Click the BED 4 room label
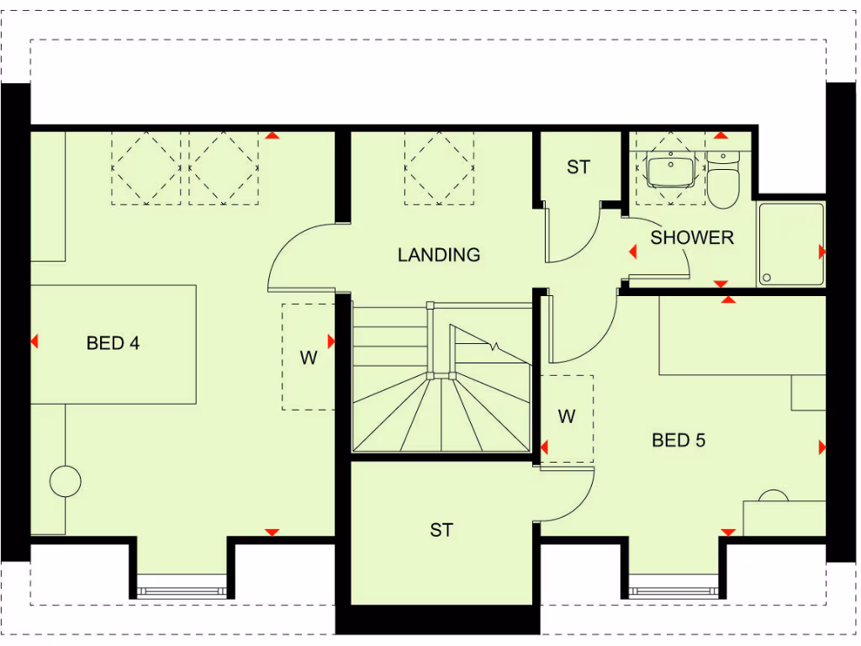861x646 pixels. [113, 343]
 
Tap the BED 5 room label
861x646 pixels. [679, 440]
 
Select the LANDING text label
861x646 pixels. [439, 254]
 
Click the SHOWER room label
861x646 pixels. [692, 238]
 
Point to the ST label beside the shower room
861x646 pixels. [578, 167]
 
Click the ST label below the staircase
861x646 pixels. [441, 530]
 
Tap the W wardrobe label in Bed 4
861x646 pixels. [309, 357]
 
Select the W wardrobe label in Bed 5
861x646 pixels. [567, 416]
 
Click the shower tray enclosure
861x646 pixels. [790, 245]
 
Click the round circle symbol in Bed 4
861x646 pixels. [66, 482]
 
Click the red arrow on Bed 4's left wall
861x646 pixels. [34, 342]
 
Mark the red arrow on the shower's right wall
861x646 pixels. [821, 252]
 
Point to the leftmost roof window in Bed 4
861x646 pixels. [145, 167]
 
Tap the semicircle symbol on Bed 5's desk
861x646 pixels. [774, 498]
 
